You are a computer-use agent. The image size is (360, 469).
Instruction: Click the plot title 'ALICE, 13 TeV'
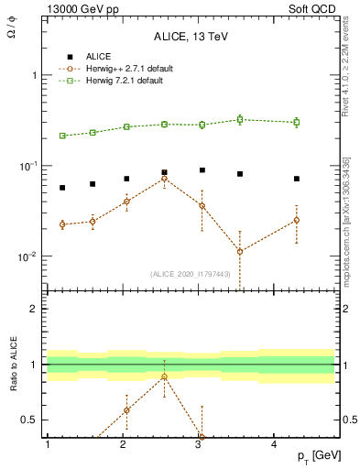[x=190, y=37]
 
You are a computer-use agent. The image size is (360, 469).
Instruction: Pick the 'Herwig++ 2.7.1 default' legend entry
[x=127, y=69]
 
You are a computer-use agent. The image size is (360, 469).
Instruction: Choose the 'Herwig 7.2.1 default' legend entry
[x=125, y=81]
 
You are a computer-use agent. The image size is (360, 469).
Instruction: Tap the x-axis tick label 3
[x=199, y=443]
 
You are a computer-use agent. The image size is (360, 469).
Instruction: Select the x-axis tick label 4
[x=275, y=443]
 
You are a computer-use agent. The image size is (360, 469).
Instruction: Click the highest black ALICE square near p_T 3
[x=202, y=170]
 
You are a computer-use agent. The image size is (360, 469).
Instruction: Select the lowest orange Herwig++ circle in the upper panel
[x=240, y=251]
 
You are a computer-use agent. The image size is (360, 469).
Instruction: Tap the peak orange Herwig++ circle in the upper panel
[x=164, y=178]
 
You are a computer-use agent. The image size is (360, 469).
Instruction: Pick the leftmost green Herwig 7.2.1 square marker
[x=62, y=136]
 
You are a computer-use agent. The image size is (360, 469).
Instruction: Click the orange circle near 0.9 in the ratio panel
[x=164, y=376]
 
